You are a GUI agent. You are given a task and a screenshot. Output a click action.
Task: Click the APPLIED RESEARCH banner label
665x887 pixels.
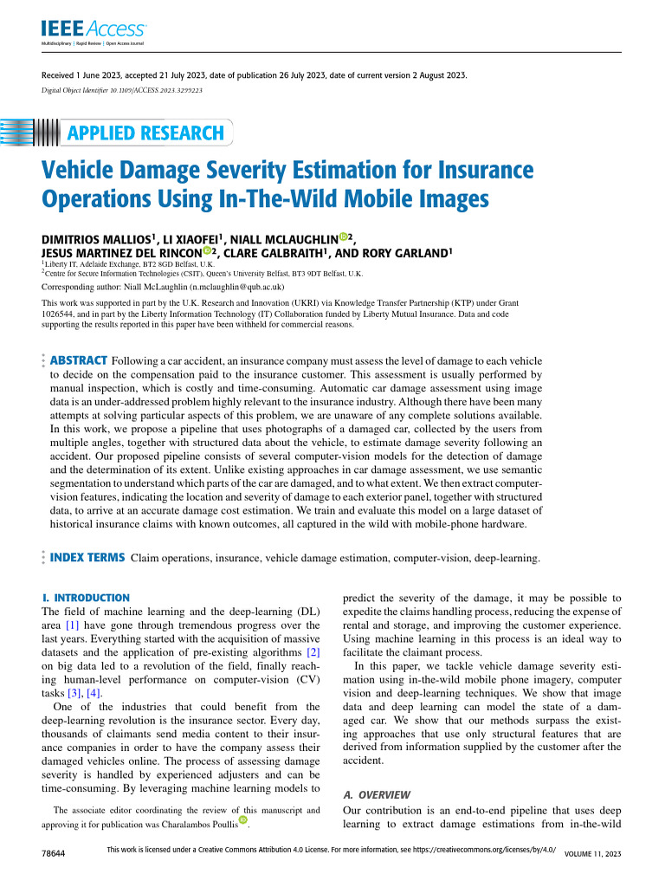(x=145, y=133)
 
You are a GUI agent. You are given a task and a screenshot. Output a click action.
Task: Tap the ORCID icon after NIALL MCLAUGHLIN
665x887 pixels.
(x=344, y=236)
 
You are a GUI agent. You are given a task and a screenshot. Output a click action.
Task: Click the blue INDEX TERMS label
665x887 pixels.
(x=87, y=558)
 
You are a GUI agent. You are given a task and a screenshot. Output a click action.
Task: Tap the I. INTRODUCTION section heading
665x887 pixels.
(x=87, y=598)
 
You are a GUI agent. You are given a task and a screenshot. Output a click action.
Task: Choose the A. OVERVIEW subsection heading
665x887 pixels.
(x=378, y=794)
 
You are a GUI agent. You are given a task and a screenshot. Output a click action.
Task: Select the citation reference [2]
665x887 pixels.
(x=314, y=650)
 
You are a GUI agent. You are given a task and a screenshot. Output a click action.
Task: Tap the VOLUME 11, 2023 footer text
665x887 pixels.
(x=593, y=854)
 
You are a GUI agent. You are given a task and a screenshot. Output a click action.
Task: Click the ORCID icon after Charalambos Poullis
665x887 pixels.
(x=243, y=820)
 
